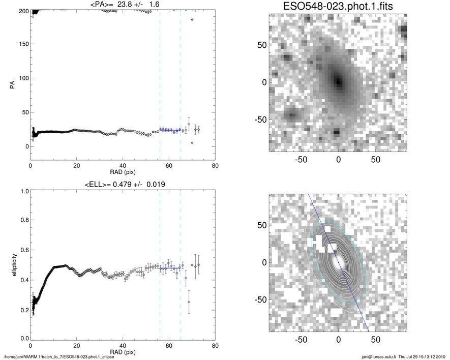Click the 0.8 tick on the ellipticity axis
click(22, 221)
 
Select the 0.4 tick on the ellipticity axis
click(22, 280)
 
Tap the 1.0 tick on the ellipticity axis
click(22, 191)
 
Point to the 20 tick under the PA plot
click(77, 166)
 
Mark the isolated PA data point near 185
click(192, 20)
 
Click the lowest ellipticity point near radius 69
click(189, 302)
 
